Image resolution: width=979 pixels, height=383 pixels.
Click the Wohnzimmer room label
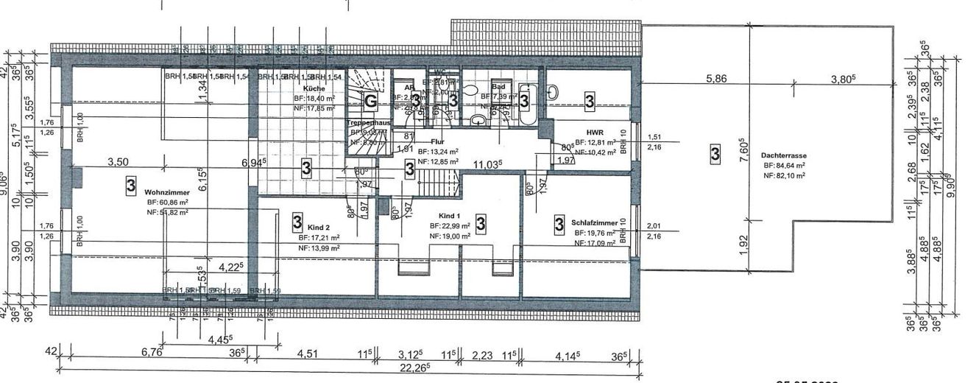(163, 191)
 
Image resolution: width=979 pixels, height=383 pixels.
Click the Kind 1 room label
(444, 216)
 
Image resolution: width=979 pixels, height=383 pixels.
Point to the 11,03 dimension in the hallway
(487, 164)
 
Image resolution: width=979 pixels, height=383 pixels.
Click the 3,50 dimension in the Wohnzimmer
(119, 161)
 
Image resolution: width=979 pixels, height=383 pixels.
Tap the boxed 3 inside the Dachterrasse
(715, 154)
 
